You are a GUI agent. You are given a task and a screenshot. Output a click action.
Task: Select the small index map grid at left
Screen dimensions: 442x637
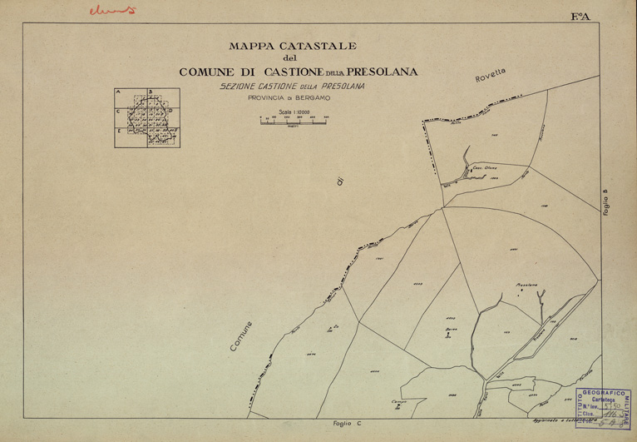149,117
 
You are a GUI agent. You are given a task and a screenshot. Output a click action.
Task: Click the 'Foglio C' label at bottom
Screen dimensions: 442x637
346,424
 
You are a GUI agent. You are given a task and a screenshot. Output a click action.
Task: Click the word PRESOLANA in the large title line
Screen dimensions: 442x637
372,72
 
